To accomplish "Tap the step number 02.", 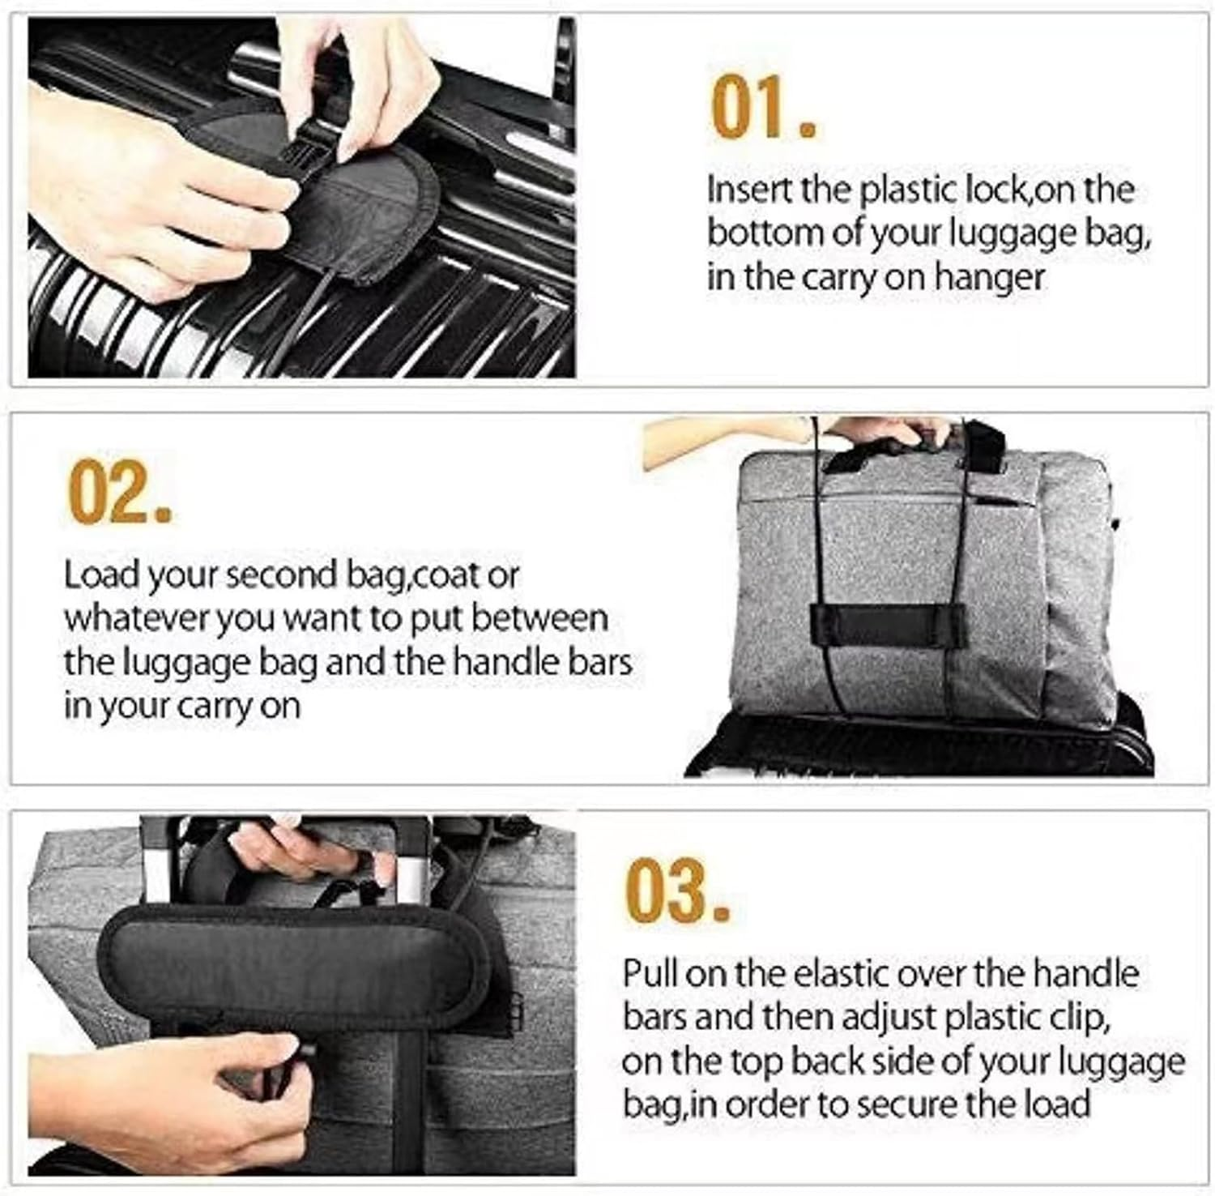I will pyautogui.click(x=118, y=493).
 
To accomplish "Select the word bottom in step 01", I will pyautogui.click(x=758, y=234).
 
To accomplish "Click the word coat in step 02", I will pyautogui.click(x=446, y=575).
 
